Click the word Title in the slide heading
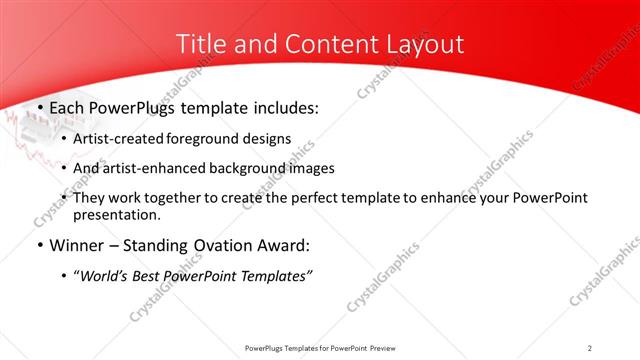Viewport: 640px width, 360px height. [198, 45]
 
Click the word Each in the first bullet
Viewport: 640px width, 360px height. [68, 108]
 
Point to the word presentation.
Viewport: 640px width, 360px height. [117, 215]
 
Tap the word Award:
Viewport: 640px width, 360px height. [278, 245]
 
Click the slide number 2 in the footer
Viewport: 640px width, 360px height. [590, 348]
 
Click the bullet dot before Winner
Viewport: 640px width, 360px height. [39, 246]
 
